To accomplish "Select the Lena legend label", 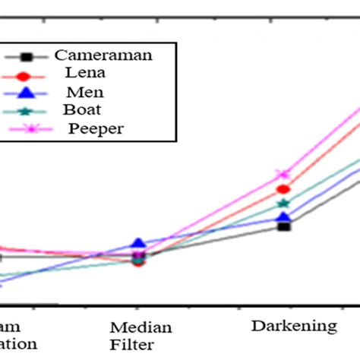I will tap(86, 74).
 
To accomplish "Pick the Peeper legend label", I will tap(96, 128).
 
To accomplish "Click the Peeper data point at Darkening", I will tap(283, 175).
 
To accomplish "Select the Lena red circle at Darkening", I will tap(283, 190).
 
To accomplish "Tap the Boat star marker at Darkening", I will tap(283, 204).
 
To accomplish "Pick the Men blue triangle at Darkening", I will tap(283, 217).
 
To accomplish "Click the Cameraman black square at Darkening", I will tap(283, 226).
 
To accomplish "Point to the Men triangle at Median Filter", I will tap(137, 244).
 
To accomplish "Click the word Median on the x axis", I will tap(141, 328).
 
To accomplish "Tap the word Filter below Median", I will tap(137, 345).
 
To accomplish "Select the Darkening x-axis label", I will tap(294, 326).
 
